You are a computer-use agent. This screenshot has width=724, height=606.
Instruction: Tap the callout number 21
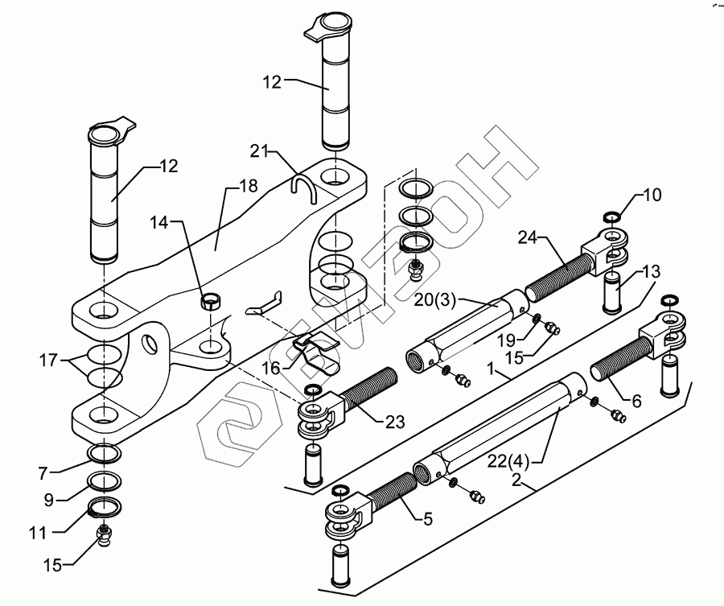pos(259,151)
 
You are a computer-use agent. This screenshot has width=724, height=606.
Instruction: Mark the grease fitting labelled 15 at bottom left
pos(104,534)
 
